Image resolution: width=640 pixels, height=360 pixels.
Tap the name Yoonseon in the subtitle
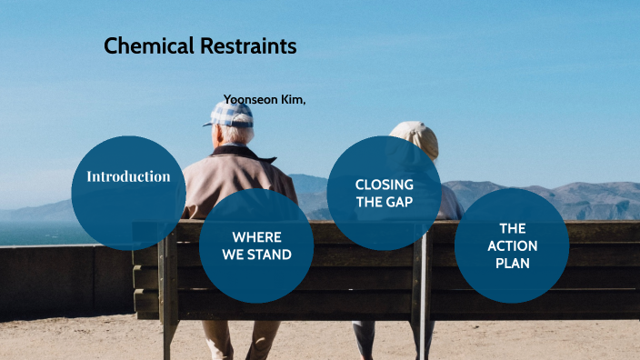point(250,99)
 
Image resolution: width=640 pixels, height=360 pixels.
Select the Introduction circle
point(128,192)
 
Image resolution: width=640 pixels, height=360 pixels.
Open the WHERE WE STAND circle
point(256,246)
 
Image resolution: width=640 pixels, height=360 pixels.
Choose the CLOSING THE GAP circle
point(384,193)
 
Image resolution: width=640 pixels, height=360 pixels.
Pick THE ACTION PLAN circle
point(512,245)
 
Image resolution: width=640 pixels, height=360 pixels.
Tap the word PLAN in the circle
point(512,263)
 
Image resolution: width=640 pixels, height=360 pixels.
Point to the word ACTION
point(512,245)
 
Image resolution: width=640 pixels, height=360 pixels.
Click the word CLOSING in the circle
point(384,185)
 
